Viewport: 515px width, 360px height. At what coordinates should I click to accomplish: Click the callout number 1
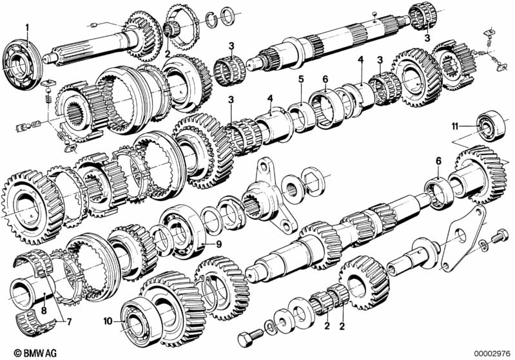point(28,28)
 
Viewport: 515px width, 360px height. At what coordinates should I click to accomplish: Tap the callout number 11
point(454,126)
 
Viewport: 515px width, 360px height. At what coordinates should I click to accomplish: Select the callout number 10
point(108,321)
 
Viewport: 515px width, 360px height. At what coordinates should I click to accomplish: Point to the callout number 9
point(219,244)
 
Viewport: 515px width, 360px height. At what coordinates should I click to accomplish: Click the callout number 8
point(44,310)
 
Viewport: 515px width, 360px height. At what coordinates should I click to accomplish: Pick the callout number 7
point(68,322)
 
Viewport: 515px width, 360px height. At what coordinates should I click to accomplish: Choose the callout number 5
point(301,79)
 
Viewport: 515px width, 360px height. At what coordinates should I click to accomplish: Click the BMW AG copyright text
point(35,353)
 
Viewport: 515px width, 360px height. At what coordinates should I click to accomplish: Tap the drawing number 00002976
point(492,354)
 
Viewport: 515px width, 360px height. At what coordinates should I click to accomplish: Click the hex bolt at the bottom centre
point(250,337)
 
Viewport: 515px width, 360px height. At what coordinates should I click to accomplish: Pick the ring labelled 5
point(302,117)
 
